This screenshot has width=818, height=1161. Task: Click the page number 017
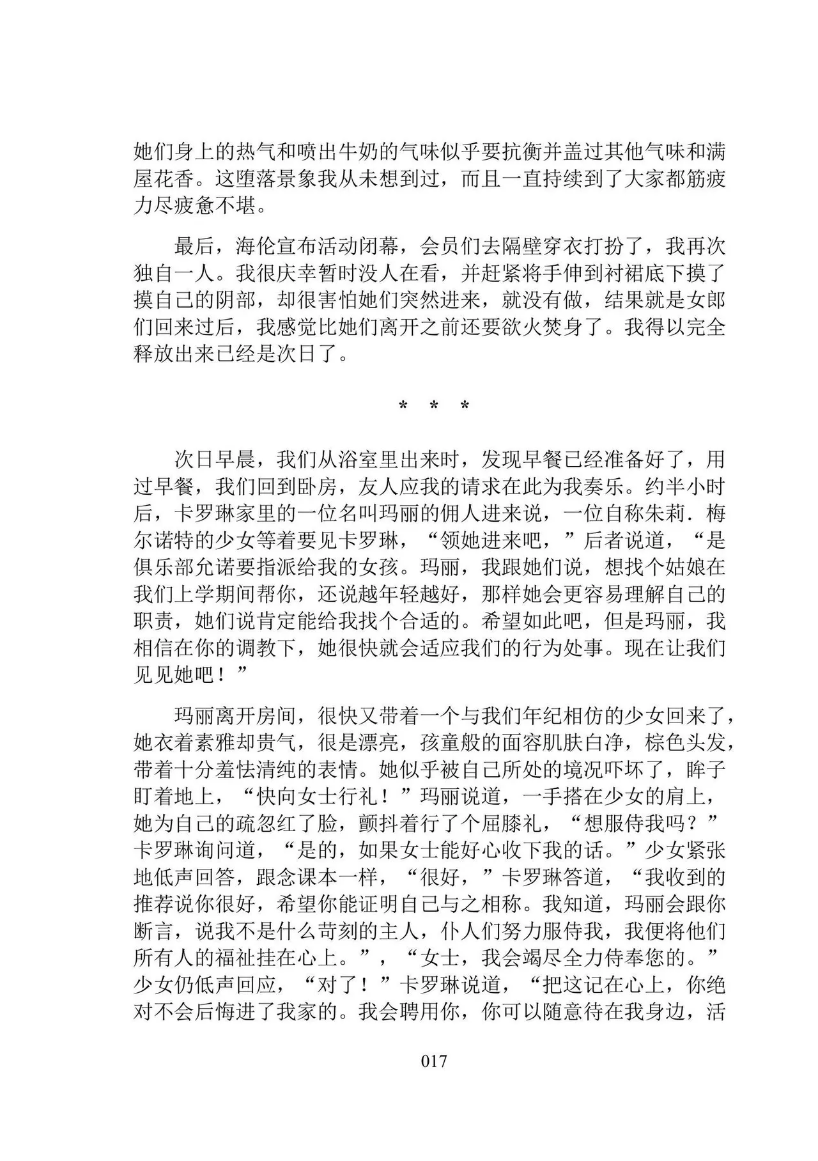[434, 1061]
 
